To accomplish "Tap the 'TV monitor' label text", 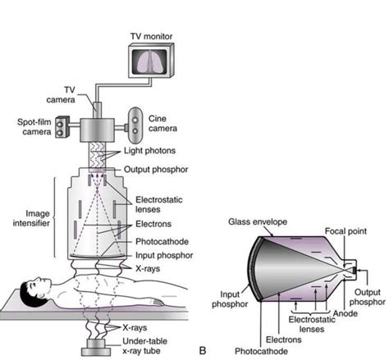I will click(x=153, y=37).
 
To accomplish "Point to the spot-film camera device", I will click(x=64, y=135).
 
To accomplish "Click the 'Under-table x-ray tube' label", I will click(x=145, y=344).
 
